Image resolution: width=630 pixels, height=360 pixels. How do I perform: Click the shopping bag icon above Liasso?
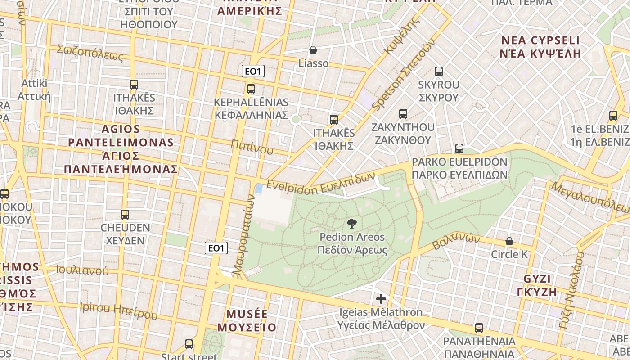click(x=313, y=50)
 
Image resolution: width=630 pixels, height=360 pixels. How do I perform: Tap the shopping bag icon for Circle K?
click(x=509, y=241)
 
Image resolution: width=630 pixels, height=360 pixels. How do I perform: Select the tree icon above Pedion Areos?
click(x=352, y=223)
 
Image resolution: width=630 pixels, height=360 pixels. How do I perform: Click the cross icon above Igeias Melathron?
click(x=381, y=298)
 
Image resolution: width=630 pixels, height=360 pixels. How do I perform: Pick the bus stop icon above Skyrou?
click(x=439, y=71)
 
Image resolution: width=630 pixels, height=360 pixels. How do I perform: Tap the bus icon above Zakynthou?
click(x=403, y=114)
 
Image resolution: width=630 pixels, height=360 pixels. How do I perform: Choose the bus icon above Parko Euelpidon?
click(x=459, y=148)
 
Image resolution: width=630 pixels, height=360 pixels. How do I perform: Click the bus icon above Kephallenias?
click(x=251, y=89)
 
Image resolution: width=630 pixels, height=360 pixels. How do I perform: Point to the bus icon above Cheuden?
click(x=125, y=215)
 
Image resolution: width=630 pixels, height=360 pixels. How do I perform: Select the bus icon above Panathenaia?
click(x=479, y=328)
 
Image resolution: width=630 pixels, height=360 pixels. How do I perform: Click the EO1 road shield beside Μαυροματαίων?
click(x=216, y=248)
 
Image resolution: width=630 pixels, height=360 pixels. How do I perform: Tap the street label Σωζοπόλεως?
click(x=90, y=53)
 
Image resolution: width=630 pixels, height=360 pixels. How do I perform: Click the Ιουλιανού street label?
click(x=82, y=270)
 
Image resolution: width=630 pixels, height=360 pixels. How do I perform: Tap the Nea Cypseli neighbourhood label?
click(x=540, y=47)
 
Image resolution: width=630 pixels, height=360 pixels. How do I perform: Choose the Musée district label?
click(x=247, y=320)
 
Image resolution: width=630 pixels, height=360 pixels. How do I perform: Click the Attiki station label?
click(x=34, y=90)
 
